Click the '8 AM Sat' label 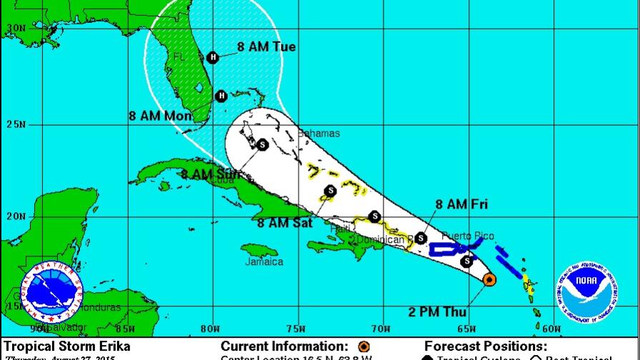(284, 222)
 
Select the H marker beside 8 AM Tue (212, 58)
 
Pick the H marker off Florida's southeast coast (221, 96)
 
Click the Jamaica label (264, 261)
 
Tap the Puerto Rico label (467, 236)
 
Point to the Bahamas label (319, 134)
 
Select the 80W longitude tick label (209, 329)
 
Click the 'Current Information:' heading (284, 346)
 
